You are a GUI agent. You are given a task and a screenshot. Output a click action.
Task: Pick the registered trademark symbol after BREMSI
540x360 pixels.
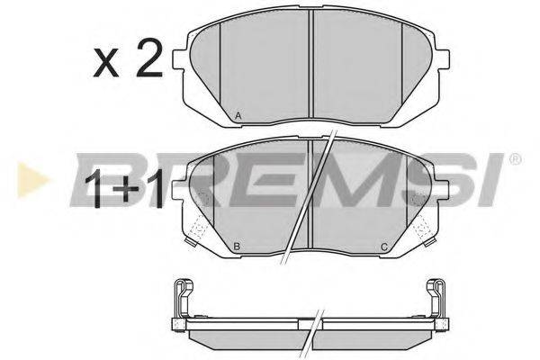515,161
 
